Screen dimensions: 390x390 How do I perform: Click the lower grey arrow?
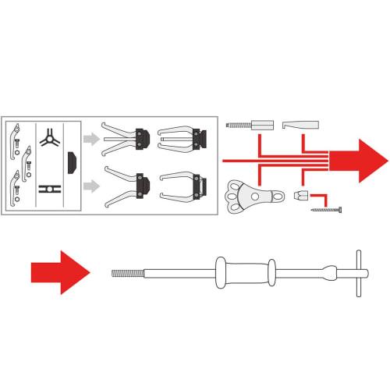click(92, 186)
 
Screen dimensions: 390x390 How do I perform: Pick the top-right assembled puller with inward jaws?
click(181, 138)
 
